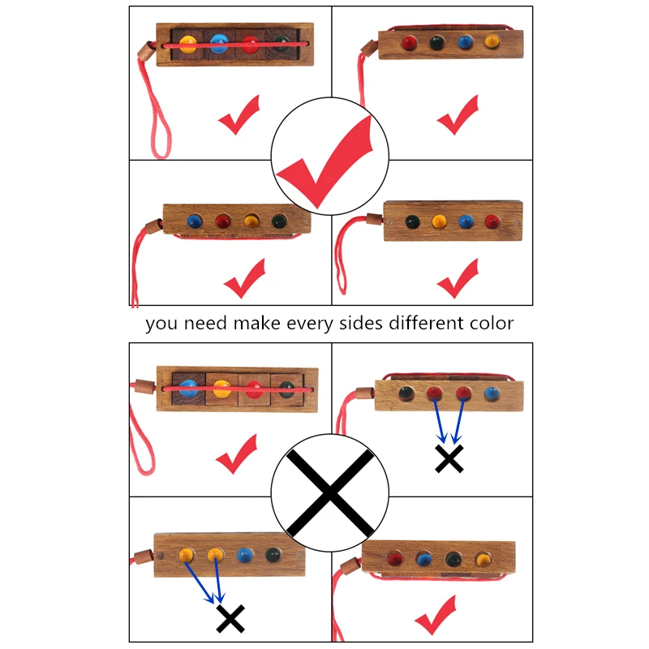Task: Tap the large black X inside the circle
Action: click(x=330, y=493)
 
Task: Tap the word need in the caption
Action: click(x=205, y=323)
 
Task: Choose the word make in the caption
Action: click(x=256, y=323)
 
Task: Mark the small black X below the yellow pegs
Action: click(x=230, y=619)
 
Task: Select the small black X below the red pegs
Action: click(x=449, y=458)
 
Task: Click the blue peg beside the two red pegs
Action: click(x=492, y=393)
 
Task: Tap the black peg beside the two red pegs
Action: click(x=406, y=393)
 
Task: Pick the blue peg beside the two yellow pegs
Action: click(x=245, y=555)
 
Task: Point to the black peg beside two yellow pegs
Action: click(x=273, y=555)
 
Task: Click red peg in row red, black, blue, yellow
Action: click(x=409, y=43)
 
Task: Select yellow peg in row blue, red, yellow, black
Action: click(x=251, y=220)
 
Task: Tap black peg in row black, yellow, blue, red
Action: click(x=412, y=221)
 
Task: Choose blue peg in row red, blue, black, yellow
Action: click(x=423, y=559)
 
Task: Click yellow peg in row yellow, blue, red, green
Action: click(x=188, y=45)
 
